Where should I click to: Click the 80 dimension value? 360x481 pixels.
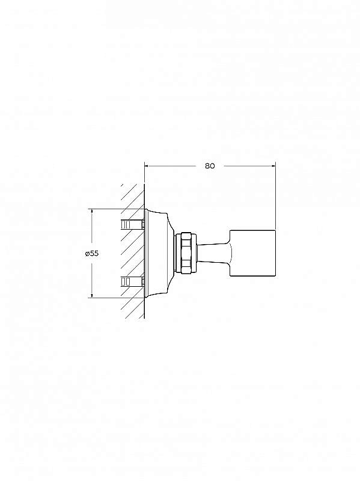[x=210, y=166]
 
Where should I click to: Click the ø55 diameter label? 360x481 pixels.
[x=92, y=253]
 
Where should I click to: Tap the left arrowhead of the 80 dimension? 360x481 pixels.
[x=147, y=166]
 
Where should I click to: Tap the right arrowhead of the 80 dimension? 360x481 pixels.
[x=273, y=166]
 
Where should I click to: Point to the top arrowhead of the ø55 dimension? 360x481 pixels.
[x=92, y=212]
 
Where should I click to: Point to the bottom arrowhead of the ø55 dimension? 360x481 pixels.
[x=92, y=295]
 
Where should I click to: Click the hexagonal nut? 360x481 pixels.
[x=188, y=253]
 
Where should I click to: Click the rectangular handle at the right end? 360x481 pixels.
[x=252, y=253]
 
